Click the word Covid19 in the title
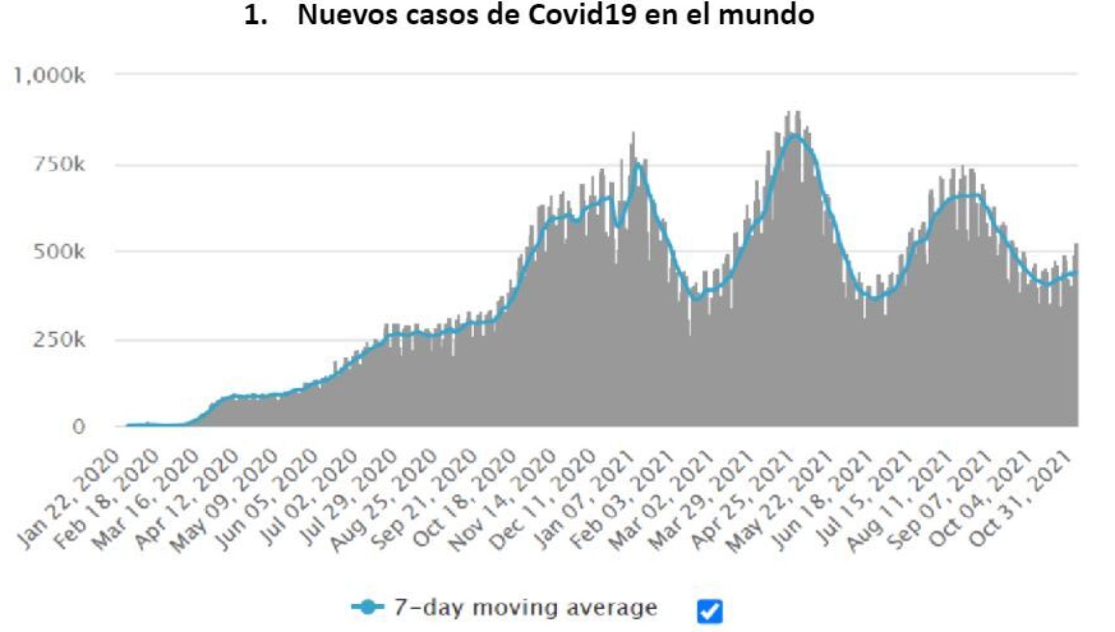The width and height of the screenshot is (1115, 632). tap(582, 15)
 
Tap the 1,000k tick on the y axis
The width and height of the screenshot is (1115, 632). tap(50, 76)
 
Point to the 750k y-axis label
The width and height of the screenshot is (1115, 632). tap(59, 164)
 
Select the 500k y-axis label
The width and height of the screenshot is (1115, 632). tap(59, 252)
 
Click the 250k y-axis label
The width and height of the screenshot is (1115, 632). tap(59, 340)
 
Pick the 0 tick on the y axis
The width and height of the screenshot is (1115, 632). tap(78, 427)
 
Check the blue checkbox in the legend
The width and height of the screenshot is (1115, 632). tap(709, 611)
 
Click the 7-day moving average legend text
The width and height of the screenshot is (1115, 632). tap(525, 607)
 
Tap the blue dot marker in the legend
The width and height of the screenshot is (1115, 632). tap(367, 607)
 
